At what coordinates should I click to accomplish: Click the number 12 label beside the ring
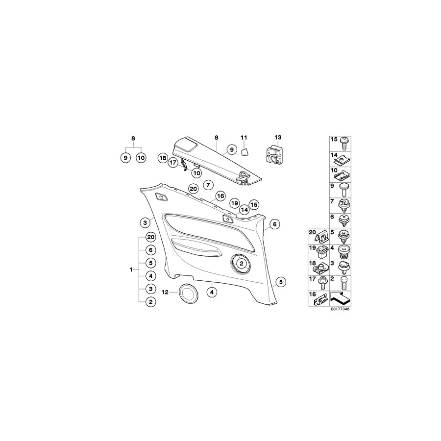[x=165, y=292]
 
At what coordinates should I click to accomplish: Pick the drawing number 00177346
[x=340, y=309]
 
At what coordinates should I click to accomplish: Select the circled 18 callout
[x=162, y=158]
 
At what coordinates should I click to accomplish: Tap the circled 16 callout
[x=220, y=196]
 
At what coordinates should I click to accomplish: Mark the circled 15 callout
[x=253, y=204]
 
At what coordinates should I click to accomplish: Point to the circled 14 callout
[x=244, y=210]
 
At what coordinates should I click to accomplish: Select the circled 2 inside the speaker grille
[x=241, y=263]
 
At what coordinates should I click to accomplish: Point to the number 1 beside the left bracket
[x=131, y=269]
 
